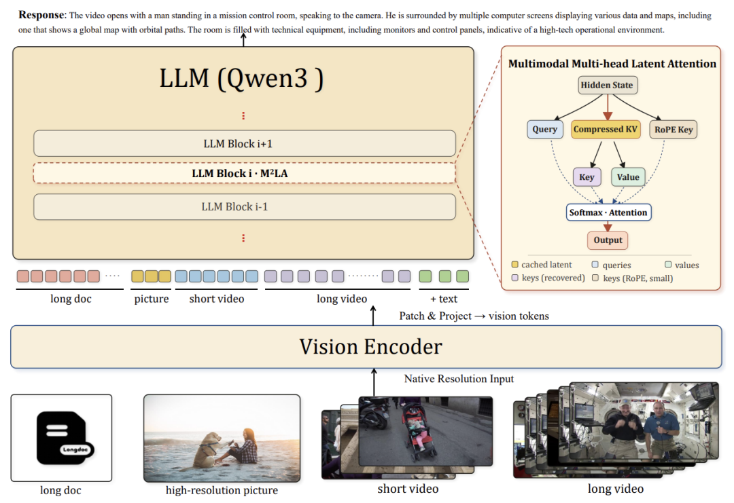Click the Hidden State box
[x=607, y=85]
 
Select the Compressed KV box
[x=606, y=129]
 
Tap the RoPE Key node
[x=673, y=130]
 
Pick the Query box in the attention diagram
[x=544, y=129]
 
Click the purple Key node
[x=587, y=176]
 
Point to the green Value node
[x=628, y=176]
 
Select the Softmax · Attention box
[x=608, y=212]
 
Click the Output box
[x=608, y=240]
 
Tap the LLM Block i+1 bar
[x=245, y=143]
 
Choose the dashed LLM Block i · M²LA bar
[x=245, y=173]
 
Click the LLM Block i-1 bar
[x=245, y=206]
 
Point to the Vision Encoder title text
[x=370, y=347]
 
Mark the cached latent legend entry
[x=542, y=265]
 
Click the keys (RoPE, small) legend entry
[x=633, y=278]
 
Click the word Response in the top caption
[x=41, y=15]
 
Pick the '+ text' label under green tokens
[x=444, y=299]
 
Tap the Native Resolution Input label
[x=459, y=379]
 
